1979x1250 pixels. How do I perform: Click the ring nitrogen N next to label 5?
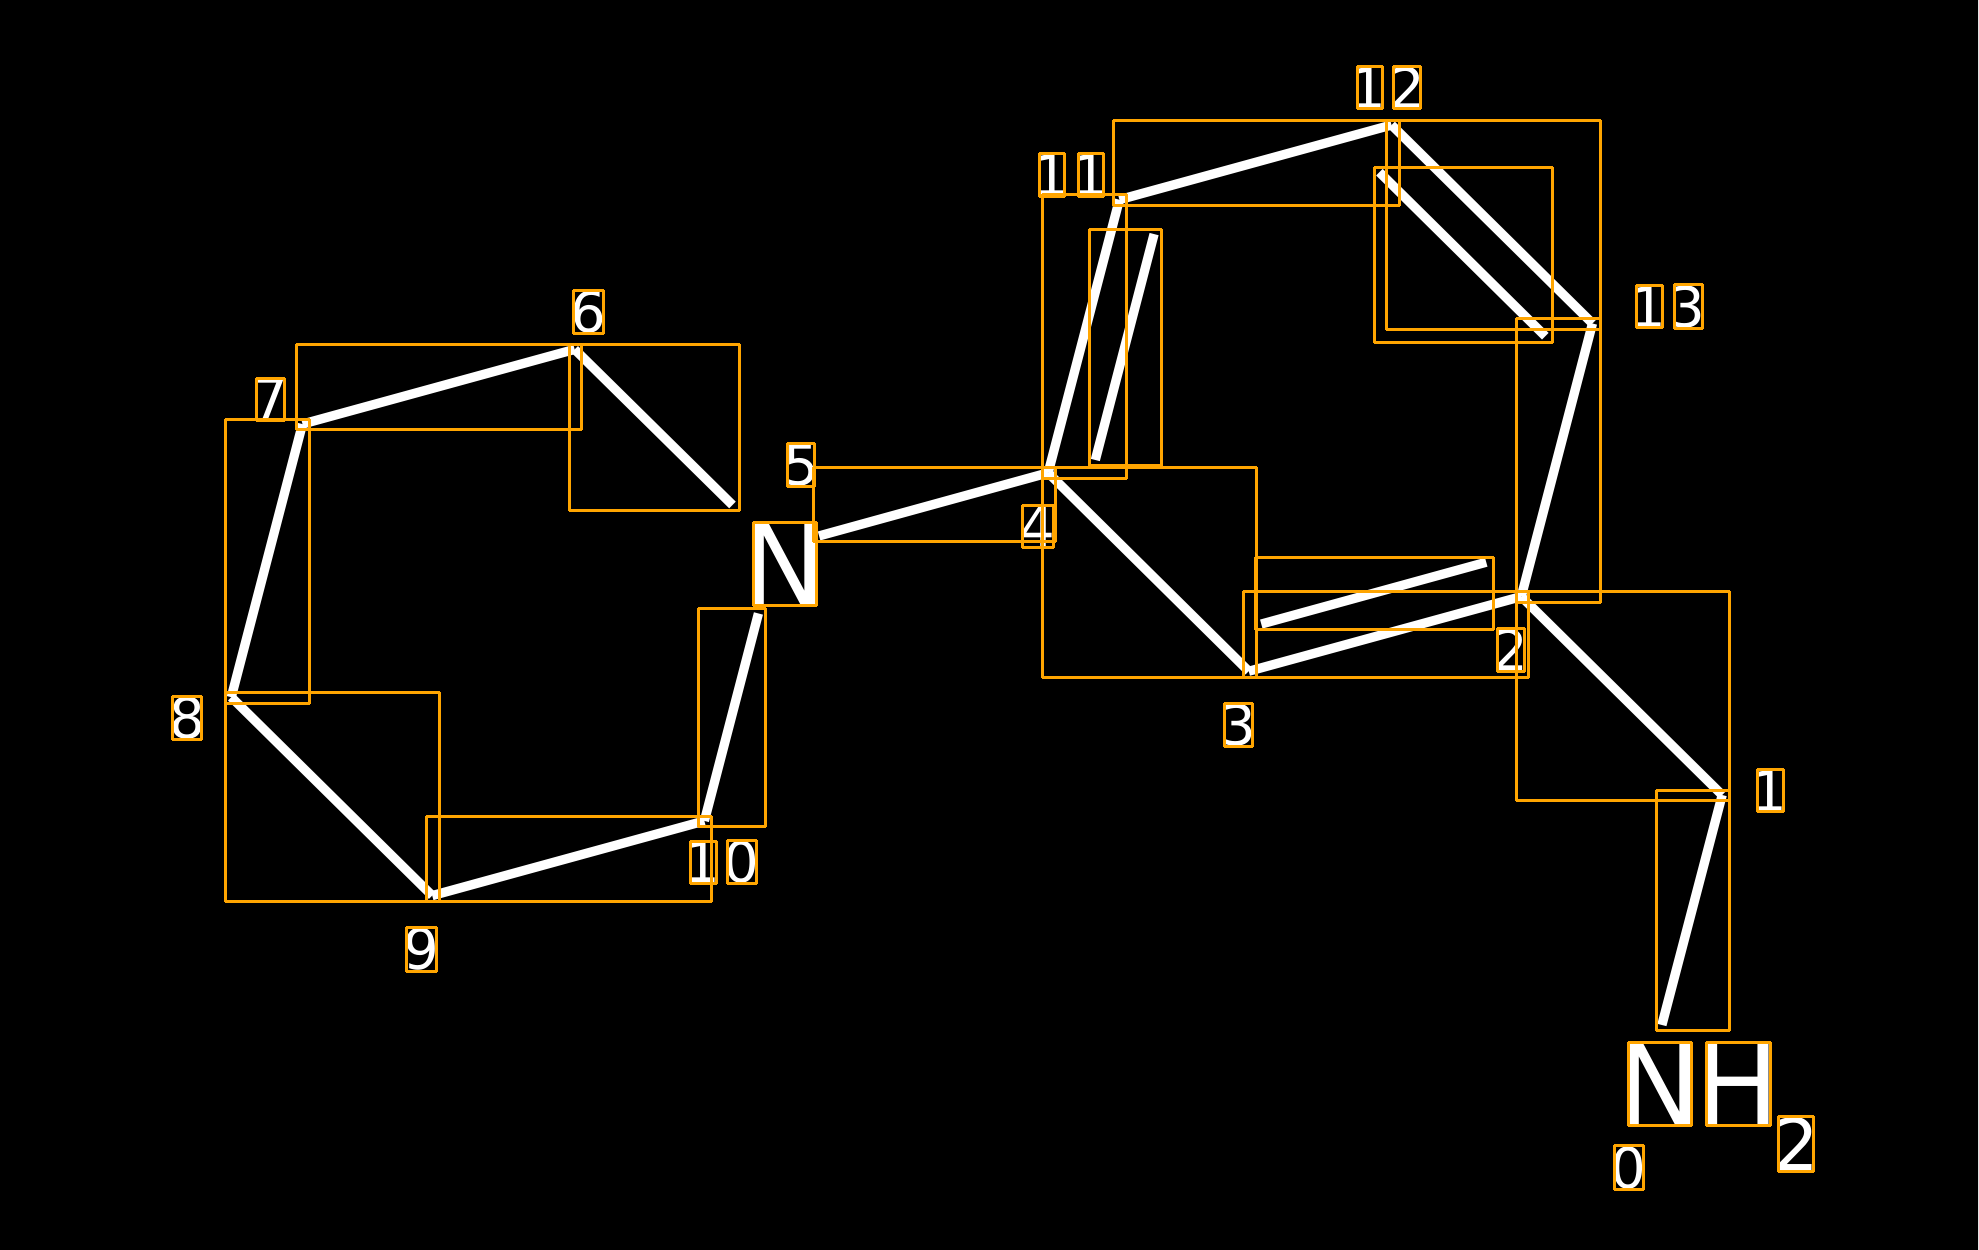785,564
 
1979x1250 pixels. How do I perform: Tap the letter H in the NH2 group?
1738,1084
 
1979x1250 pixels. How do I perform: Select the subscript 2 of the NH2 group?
1796,1144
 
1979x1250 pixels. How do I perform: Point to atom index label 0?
1629,1167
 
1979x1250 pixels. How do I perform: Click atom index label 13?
1669,307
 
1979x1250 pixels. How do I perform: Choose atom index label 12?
1389,88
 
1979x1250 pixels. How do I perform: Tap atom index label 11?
1072,175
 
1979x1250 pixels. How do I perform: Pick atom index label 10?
723,862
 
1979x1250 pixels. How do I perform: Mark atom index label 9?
421,949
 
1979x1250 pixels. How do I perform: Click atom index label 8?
187,718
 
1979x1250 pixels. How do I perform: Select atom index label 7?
271,399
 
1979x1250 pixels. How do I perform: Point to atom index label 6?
588,312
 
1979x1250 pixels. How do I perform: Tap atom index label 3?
1238,725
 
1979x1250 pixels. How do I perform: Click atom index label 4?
1038,526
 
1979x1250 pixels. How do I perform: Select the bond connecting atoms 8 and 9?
332,797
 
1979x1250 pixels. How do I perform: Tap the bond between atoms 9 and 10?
569,859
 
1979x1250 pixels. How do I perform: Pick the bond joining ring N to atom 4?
934,504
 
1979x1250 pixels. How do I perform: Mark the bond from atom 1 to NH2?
1693,910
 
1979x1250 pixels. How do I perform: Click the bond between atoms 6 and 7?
439,387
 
